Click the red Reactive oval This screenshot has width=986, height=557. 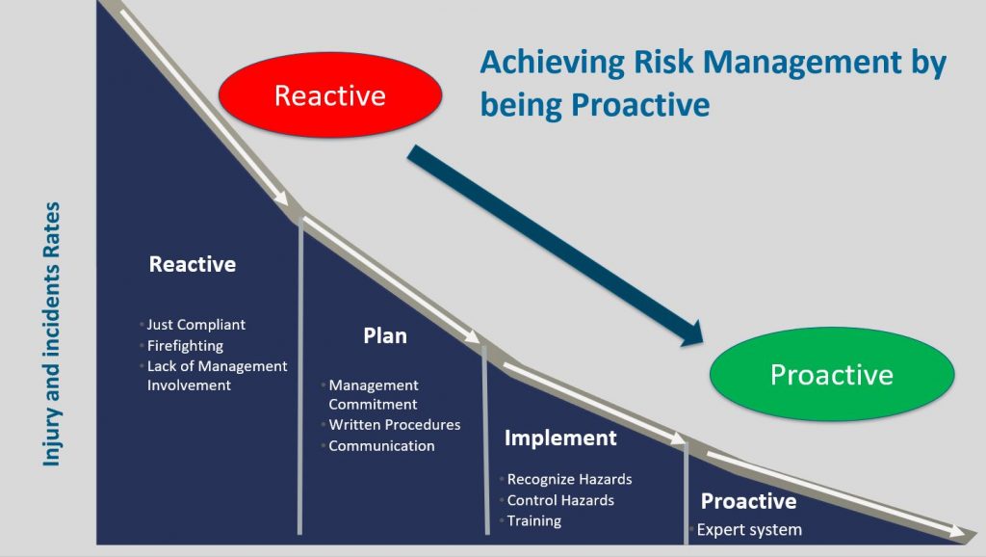pos(330,95)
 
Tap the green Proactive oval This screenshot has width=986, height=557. pos(832,375)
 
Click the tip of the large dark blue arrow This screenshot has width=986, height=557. pos(702,343)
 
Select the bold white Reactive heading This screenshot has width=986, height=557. pos(193,264)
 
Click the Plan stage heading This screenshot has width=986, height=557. pos(385,335)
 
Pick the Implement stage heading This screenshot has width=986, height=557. pos(560,438)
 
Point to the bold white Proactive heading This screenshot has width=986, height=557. pos(748,501)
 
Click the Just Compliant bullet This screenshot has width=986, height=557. pos(195,325)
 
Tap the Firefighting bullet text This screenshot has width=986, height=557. pos(185,346)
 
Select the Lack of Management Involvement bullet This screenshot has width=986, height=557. pos(217,376)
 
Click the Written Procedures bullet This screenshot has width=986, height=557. pos(394,425)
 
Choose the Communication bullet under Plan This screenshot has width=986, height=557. pos(381,445)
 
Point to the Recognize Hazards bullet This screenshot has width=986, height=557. pos(569,480)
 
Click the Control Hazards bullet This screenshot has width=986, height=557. pos(560,500)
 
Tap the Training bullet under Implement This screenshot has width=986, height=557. pos(533,521)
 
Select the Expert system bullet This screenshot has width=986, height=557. pos(749,530)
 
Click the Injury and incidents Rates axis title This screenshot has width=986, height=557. pos(52,334)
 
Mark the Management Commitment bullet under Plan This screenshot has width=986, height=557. pos(373,394)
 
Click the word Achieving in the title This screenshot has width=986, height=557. pos(553,63)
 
